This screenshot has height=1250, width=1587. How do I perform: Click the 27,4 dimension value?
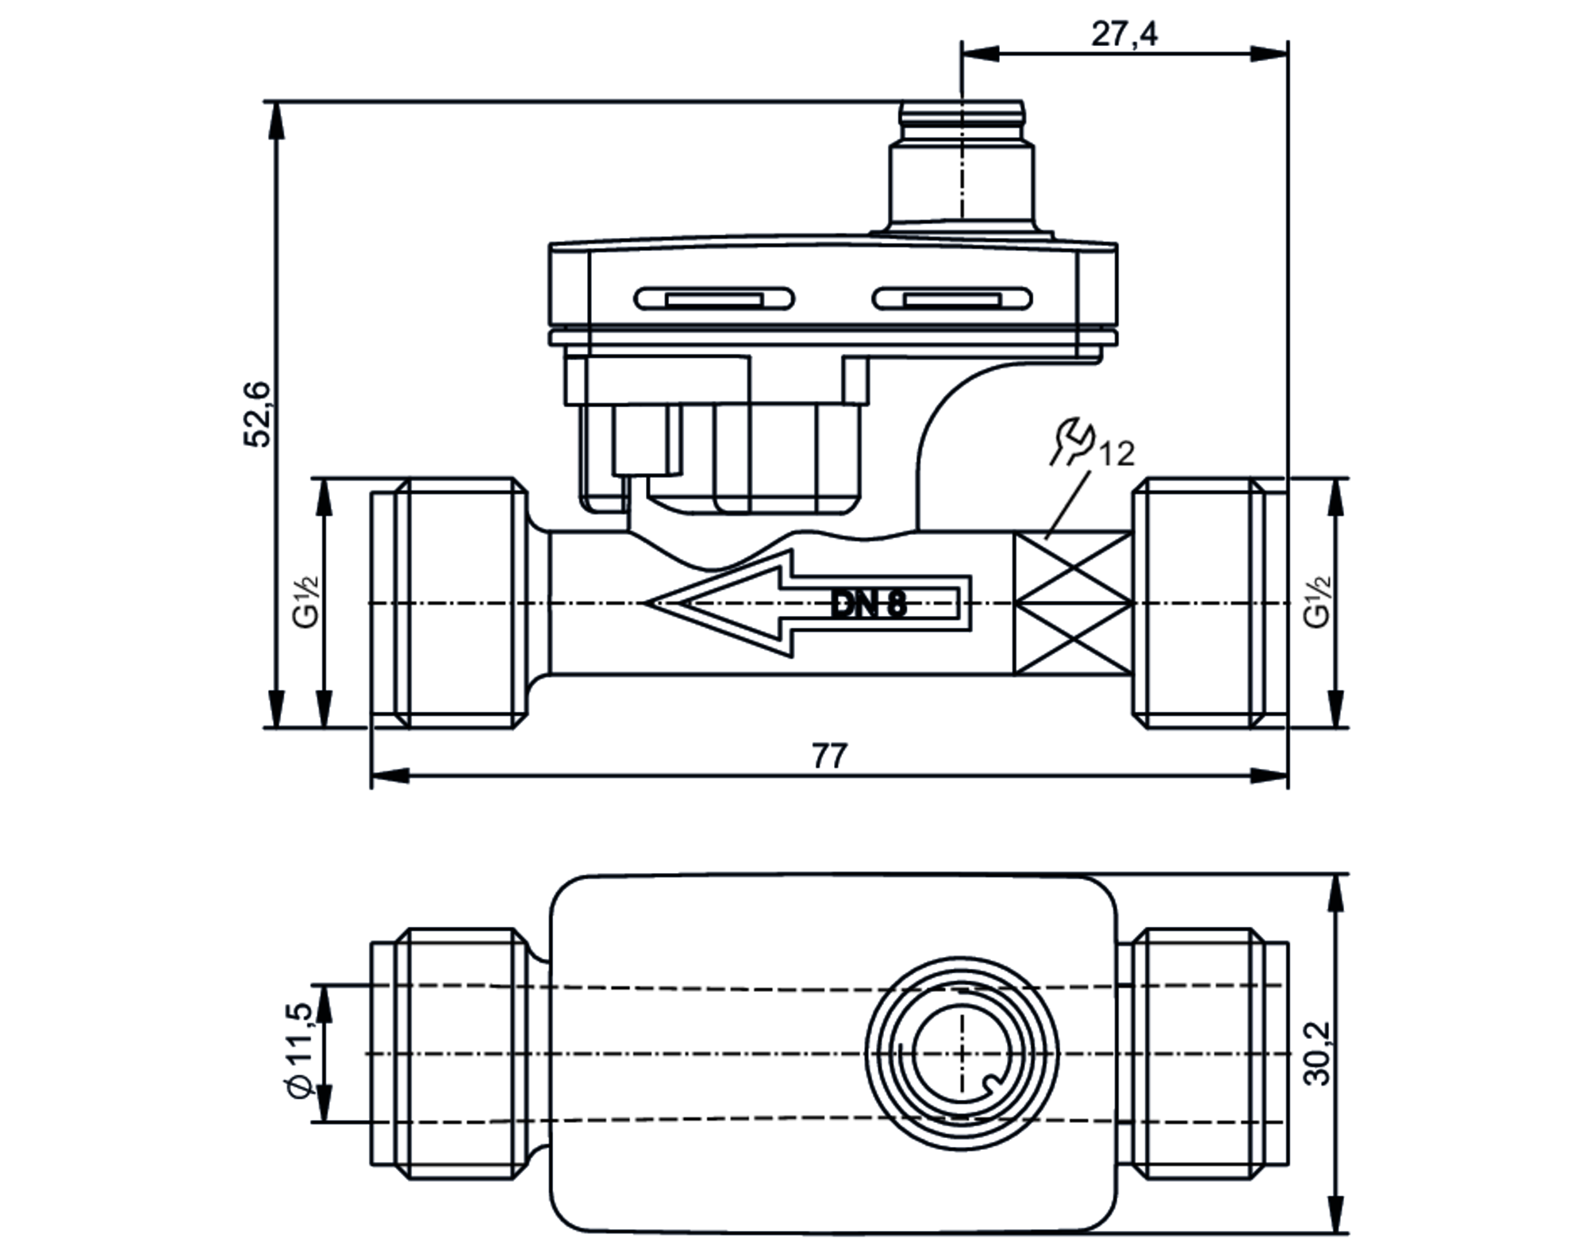tap(1124, 34)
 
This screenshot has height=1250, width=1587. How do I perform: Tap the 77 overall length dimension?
tap(829, 756)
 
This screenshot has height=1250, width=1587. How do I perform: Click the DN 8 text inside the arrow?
tap(868, 605)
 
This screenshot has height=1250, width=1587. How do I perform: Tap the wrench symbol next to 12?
tap(1072, 441)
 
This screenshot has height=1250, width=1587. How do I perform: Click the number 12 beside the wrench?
tap(1116, 454)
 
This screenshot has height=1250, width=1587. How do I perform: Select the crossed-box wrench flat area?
tap(1073, 603)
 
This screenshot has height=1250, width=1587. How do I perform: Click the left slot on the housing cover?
tap(713, 298)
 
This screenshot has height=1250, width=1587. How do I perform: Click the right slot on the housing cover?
tap(951, 298)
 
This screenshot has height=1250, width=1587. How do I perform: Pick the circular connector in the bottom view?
tap(961, 1054)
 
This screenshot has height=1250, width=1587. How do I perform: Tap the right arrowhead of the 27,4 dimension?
tap(1270, 53)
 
